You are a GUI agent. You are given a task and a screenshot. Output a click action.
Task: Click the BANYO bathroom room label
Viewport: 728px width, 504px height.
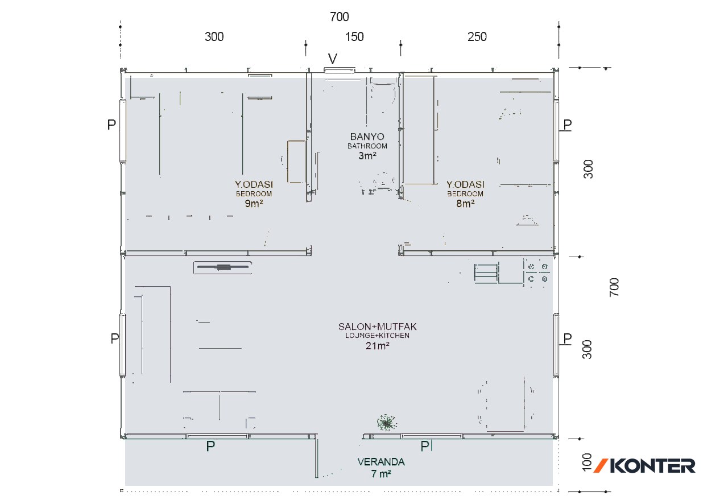point(367,137)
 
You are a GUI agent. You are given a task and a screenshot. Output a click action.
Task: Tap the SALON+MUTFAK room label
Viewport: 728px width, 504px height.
point(377,327)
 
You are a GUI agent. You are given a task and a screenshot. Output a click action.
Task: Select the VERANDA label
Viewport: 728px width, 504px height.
point(381,462)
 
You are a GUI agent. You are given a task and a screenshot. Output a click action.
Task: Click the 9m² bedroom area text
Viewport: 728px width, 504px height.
point(254,203)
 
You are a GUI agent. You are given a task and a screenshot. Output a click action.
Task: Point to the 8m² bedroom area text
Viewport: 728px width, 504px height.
point(465,203)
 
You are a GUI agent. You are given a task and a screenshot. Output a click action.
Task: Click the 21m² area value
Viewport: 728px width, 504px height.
point(377,345)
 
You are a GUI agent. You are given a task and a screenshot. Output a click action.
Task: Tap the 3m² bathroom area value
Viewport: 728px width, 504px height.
point(367,155)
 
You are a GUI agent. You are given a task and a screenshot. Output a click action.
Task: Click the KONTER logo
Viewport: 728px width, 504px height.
point(644,466)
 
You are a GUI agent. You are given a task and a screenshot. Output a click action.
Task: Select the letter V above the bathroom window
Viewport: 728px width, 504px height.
point(333,59)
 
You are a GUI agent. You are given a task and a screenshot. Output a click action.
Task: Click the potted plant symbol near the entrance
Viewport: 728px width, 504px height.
point(387,423)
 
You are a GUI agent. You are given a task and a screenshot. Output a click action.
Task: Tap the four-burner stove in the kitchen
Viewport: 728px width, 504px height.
point(537,272)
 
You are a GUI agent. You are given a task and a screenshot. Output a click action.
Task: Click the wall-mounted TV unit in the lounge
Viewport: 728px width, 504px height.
point(222,267)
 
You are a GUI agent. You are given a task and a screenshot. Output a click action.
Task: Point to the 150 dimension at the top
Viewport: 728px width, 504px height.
point(354,37)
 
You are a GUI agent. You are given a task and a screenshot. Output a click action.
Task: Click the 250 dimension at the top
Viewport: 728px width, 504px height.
point(477,37)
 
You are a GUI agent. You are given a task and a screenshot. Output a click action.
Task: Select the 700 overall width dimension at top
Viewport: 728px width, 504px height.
point(340,16)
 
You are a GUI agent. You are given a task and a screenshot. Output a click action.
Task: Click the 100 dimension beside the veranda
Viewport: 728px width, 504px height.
point(587,462)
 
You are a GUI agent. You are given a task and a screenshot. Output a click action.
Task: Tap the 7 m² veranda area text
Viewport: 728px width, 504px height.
point(381,474)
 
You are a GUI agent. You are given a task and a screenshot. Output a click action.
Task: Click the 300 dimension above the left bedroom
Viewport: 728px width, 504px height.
point(214,37)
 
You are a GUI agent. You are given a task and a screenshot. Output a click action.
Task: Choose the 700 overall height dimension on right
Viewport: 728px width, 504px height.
point(614,287)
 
